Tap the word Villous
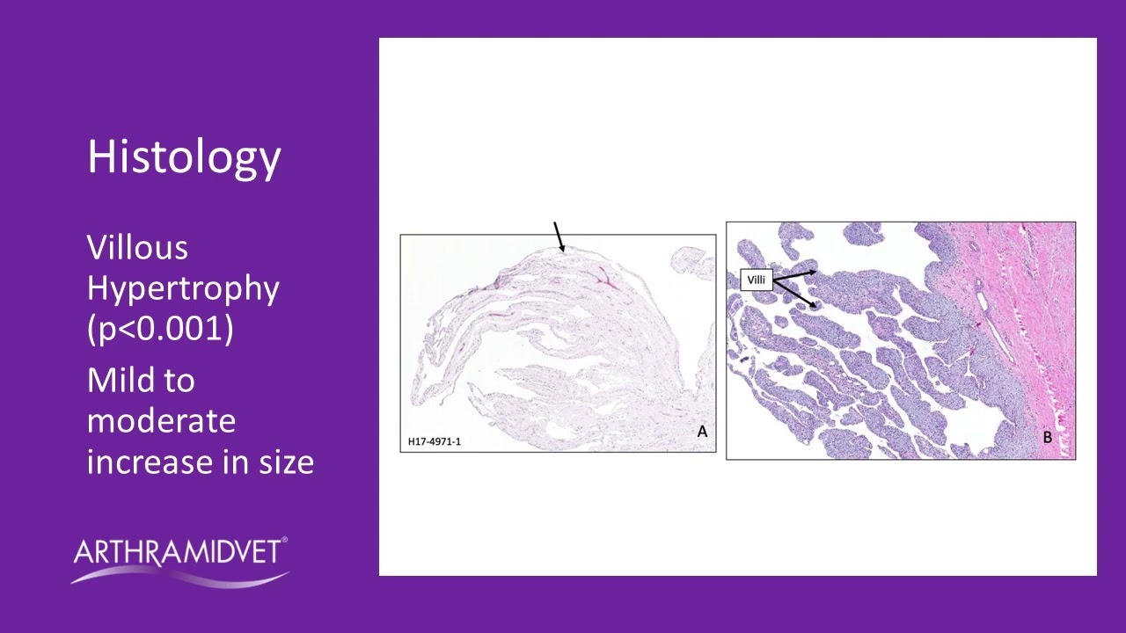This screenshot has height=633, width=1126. (137, 248)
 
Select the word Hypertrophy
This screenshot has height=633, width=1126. (183, 288)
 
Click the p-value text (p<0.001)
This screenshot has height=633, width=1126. (160, 329)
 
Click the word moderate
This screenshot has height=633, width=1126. (161, 421)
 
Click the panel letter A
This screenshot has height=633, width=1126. (702, 432)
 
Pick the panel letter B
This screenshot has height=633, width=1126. (1047, 437)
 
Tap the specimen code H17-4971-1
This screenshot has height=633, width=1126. (434, 441)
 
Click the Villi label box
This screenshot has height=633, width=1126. (757, 280)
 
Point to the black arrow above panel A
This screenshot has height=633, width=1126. (559, 236)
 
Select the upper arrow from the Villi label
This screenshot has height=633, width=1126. (795, 276)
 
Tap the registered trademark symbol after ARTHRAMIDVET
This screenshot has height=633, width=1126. (284, 542)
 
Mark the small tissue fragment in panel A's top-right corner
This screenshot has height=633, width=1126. (691, 258)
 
